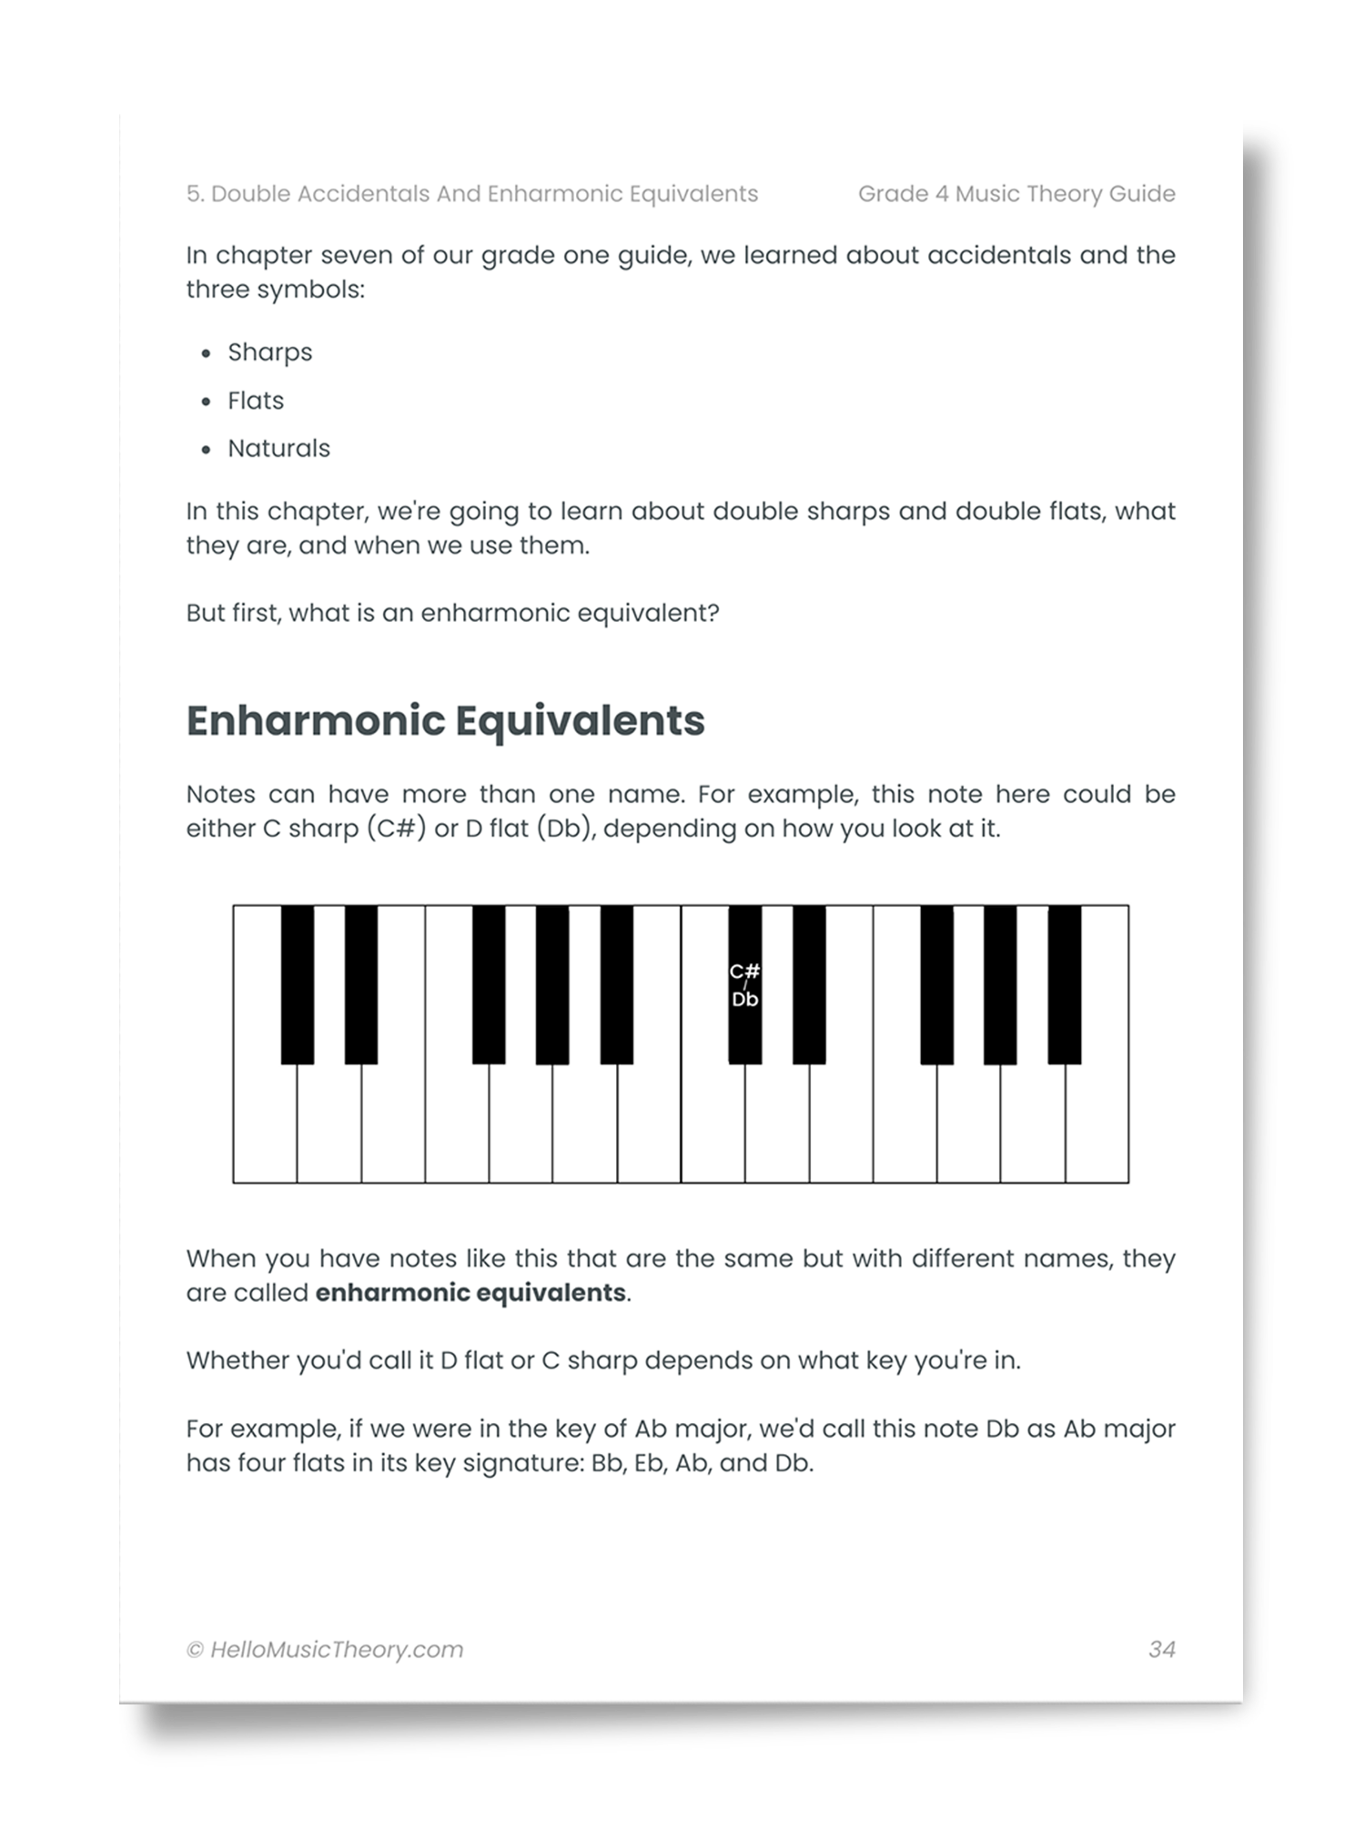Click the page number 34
coord(1162,1649)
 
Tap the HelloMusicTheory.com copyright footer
coord(325,1650)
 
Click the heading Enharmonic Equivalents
coord(445,720)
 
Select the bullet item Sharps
coord(269,352)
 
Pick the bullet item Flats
coord(256,401)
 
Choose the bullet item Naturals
coord(278,448)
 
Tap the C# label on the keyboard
coord(744,972)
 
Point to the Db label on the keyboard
coord(744,1000)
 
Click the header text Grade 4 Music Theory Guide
coord(1016,194)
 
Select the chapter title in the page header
coord(471,194)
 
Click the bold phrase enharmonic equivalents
coord(470,1293)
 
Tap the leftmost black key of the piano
coord(297,983)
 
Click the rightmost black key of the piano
coord(1065,983)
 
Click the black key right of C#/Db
coord(809,983)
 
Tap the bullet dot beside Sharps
coord(207,353)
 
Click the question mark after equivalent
coord(713,614)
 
